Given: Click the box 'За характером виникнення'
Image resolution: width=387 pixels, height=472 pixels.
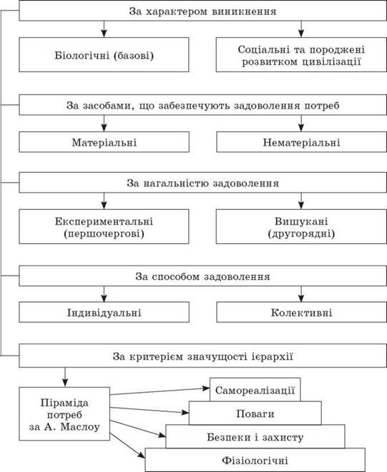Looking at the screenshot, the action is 202,11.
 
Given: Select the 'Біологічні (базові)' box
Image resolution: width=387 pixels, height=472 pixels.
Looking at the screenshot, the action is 104,55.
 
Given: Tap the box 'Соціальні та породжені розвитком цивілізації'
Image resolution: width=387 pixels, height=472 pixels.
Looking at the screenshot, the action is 301,55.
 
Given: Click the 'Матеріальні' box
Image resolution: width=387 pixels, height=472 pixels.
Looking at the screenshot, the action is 104,142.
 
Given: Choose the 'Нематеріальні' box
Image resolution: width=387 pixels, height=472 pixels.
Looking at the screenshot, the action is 302,142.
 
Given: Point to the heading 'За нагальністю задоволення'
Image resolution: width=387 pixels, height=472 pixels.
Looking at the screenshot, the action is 202,183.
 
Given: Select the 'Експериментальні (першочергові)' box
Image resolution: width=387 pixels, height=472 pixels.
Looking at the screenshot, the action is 104,226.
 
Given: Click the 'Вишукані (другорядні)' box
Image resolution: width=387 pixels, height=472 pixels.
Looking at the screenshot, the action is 301,226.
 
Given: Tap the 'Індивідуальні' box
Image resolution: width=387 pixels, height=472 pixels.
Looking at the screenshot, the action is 104,312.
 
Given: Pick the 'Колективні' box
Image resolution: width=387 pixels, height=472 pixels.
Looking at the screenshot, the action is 302,312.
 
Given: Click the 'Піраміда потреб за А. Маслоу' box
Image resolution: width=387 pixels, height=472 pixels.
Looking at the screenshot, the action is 64,414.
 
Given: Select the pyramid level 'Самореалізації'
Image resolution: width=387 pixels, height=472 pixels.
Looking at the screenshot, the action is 255,390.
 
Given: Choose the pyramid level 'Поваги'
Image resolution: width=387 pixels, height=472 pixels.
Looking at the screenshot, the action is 255,413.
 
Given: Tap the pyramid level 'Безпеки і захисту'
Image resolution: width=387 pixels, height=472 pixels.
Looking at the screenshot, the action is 255,436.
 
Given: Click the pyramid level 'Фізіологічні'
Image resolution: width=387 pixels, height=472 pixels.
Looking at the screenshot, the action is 255,460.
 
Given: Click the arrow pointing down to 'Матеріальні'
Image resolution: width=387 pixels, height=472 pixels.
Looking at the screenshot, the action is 104,123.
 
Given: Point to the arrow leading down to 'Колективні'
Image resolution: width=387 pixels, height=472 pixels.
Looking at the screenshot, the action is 301,293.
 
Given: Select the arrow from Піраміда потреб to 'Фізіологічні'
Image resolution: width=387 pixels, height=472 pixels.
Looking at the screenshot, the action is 127,446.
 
